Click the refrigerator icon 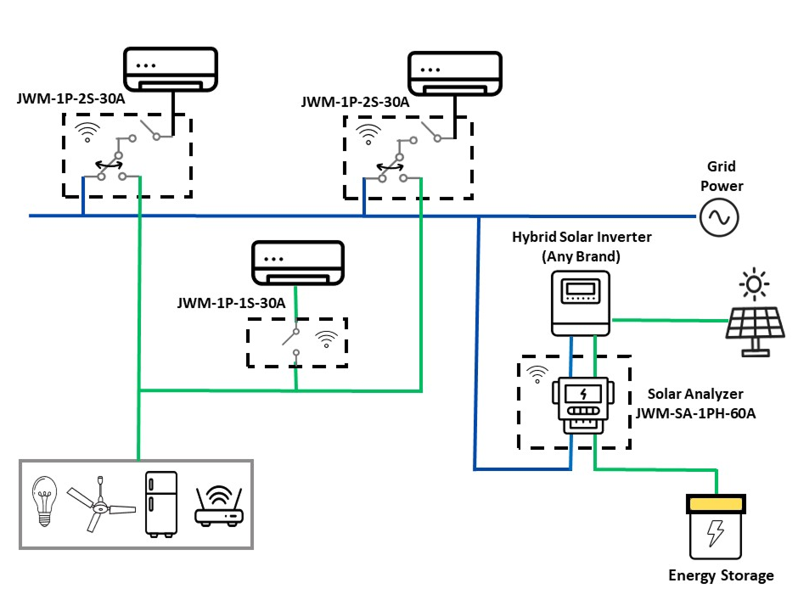pos(161,503)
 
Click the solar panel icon pos(754,332)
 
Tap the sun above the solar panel pos(753,283)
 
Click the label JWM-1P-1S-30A pos(231,302)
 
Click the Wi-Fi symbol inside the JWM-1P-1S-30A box pos(324,340)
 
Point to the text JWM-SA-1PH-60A pos(695,413)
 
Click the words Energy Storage pos(721,575)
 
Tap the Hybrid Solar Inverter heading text pos(582,237)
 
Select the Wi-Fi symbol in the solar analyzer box pos(536,373)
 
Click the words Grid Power pos(721,177)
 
